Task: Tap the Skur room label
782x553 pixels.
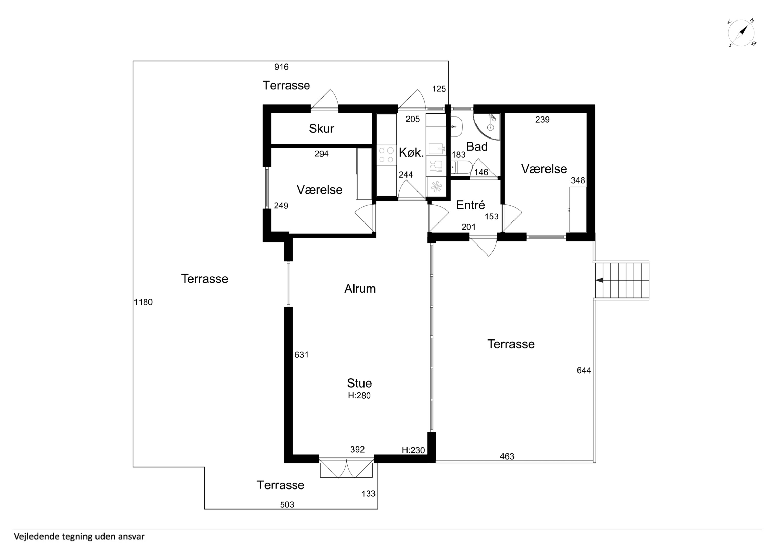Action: tap(321, 129)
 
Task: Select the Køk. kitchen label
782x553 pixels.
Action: tap(411, 153)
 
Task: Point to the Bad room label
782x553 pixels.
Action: tap(477, 146)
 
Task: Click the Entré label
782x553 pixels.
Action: tap(470, 205)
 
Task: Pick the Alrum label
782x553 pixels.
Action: tap(360, 289)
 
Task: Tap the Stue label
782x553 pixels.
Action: tap(359, 383)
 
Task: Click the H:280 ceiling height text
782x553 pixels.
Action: tap(359, 396)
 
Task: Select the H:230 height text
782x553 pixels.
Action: tap(413, 450)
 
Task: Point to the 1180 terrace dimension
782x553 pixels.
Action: tap(143, 302)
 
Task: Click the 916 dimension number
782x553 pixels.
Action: tap(281, 67)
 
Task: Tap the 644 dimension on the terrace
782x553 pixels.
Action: tap(584, 370)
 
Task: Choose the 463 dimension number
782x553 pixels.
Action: tap(507, 456)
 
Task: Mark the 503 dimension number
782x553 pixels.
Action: tap(287, 505)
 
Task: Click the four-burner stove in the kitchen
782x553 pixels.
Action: tap(387, 155)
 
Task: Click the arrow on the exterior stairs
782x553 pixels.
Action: tap(599, 280)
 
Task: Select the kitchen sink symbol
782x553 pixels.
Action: tap(436, 149)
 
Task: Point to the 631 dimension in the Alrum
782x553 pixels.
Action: tap(302, 355)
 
